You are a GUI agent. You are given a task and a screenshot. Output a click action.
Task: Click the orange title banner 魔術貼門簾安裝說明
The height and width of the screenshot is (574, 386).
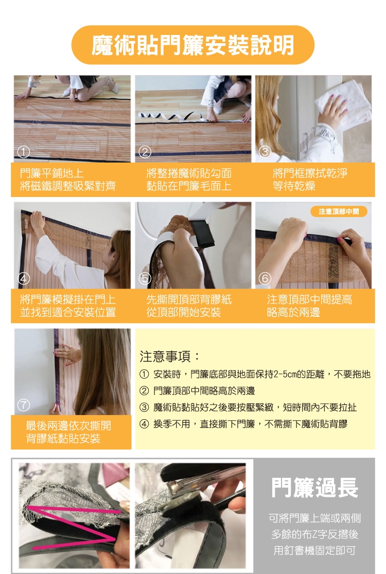(x=192, y=45)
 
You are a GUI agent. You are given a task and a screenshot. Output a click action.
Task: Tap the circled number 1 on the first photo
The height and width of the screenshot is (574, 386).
(x=24, y=152)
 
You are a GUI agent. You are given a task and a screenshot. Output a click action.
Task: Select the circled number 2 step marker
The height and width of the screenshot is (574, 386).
(x=145, y=152)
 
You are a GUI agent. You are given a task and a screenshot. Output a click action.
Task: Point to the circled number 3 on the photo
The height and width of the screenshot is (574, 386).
(x=265, y=152)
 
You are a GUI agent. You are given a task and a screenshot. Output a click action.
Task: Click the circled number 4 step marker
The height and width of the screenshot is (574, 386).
(x=24, y=279)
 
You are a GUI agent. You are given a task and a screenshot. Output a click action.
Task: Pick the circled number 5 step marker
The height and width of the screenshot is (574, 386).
(x=145, y=279)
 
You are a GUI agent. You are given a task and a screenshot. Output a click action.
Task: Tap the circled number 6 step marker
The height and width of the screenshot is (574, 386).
(x=265, y=279)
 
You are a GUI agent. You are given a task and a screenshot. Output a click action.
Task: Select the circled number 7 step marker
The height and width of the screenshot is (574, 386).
(x=24, y=405)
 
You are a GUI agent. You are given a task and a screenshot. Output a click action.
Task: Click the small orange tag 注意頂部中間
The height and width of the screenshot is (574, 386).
(x=339, y=211)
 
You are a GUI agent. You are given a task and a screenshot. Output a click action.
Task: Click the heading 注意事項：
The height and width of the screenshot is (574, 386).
(x=170, y=356)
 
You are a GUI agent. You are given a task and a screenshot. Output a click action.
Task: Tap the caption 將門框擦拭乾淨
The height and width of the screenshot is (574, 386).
(x=310, y=173)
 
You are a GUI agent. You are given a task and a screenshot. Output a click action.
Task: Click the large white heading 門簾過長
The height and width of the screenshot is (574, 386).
(x=314, y=488)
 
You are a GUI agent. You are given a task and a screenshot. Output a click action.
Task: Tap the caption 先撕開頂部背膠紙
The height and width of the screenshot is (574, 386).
(x=189, y=300)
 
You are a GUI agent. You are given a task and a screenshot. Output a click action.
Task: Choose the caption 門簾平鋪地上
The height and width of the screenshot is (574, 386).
(x=52, y=173)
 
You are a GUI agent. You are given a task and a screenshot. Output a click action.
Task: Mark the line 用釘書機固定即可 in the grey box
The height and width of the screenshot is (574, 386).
(x=314, y=550)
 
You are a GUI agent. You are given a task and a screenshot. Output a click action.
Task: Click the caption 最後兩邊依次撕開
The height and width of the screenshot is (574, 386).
(x=68, y=426)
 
